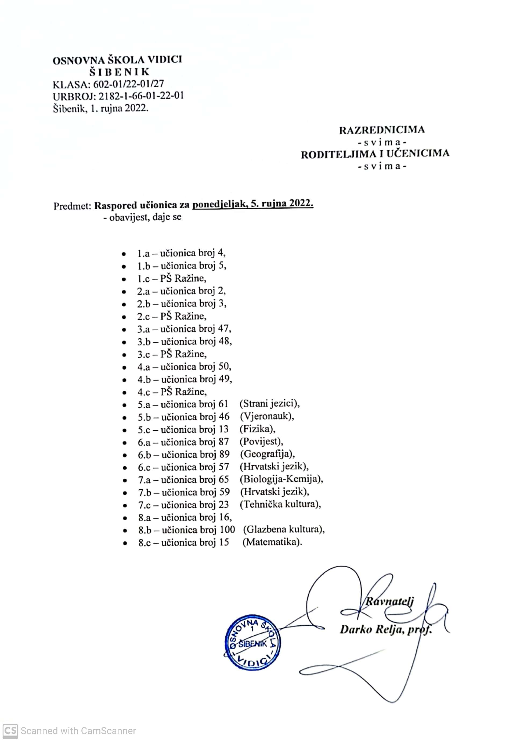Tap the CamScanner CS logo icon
[10, 731]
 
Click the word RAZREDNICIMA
[382, 130]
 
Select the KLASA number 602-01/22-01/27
[129, 84]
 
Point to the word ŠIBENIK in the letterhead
[120, 72]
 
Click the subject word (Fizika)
[257, 429]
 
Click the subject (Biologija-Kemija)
[281, 479]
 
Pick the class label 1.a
[143, 253]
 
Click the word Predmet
[72, 206]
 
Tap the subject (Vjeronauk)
[267, 416]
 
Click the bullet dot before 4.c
[124, 393]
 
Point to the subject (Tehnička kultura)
[280, 504]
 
